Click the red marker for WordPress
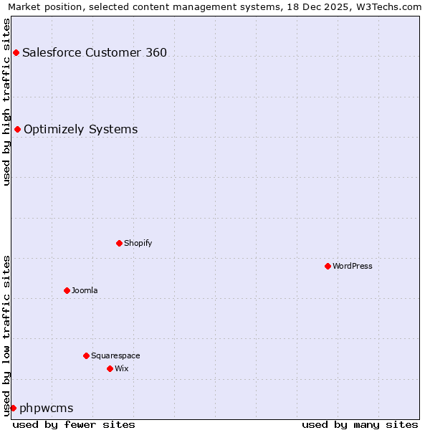[x=328, y=266]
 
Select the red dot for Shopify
[x=119, y=243]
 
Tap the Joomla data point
[x=67, y=290]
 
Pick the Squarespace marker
[x=86, y=355]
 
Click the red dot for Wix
[x=110, y=368]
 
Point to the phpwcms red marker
[x=13, y=408]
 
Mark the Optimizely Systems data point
[x=17, y=129]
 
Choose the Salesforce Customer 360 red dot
[x=16, y=52]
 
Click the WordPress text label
[x=353, y=266]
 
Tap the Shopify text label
[x=138, y=243]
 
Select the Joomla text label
[x=85, y=290]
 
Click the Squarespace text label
[x=115, y=355]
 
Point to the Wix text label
[x=122, y=368]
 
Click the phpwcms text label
[x=47, y=408]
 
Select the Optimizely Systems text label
[x=81, y=129]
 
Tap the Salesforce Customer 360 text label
[x=95, y=52]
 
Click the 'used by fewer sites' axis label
[x=74, y=424]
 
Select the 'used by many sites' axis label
[x=360, y=424]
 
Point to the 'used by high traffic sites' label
[x=6, y=102]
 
